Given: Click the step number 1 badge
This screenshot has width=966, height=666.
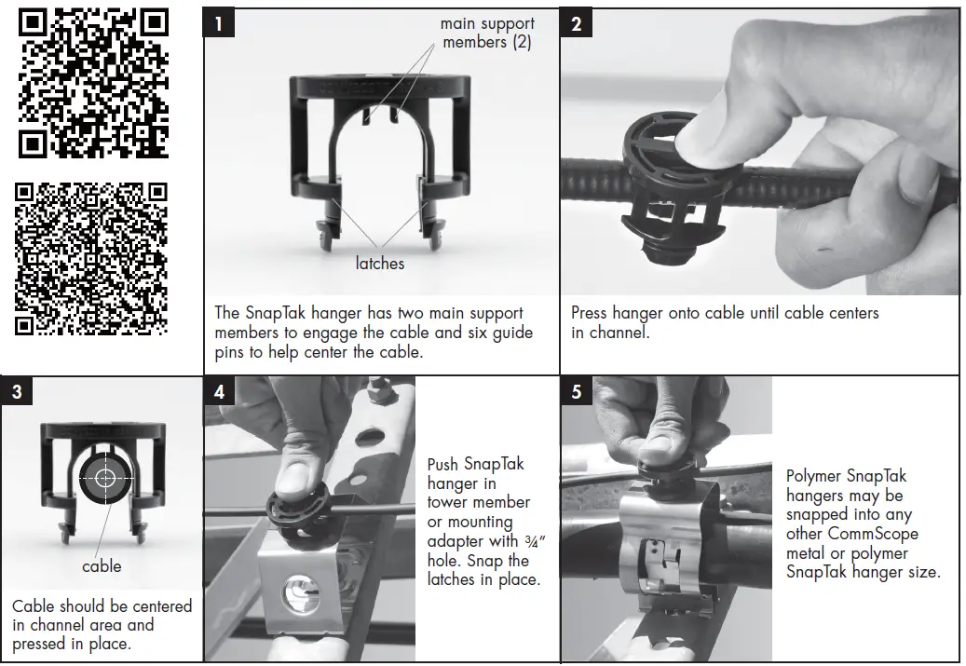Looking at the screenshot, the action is click(x=219, y=23).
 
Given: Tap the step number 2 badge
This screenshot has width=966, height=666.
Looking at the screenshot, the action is click(x=576, y=23).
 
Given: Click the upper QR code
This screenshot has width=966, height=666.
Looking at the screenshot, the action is click(x=93, y=83).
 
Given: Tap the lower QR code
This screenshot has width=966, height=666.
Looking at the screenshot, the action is click(x=91, y=259).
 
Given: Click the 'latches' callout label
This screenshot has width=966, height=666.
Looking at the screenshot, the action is click(x=380, y=263).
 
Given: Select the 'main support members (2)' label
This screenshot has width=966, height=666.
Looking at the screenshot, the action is click(x=487, y=33).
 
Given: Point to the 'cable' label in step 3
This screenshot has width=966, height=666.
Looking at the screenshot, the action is click(x=102, y=566).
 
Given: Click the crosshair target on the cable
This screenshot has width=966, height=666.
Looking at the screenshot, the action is click(x=105, y=478).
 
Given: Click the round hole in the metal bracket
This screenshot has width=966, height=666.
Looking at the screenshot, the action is click(x=300, y=593).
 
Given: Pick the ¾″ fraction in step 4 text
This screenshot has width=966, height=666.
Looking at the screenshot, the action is click(x=535, y=541).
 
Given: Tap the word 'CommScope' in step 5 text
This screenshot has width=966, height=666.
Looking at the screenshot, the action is click(x=873, y=534).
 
